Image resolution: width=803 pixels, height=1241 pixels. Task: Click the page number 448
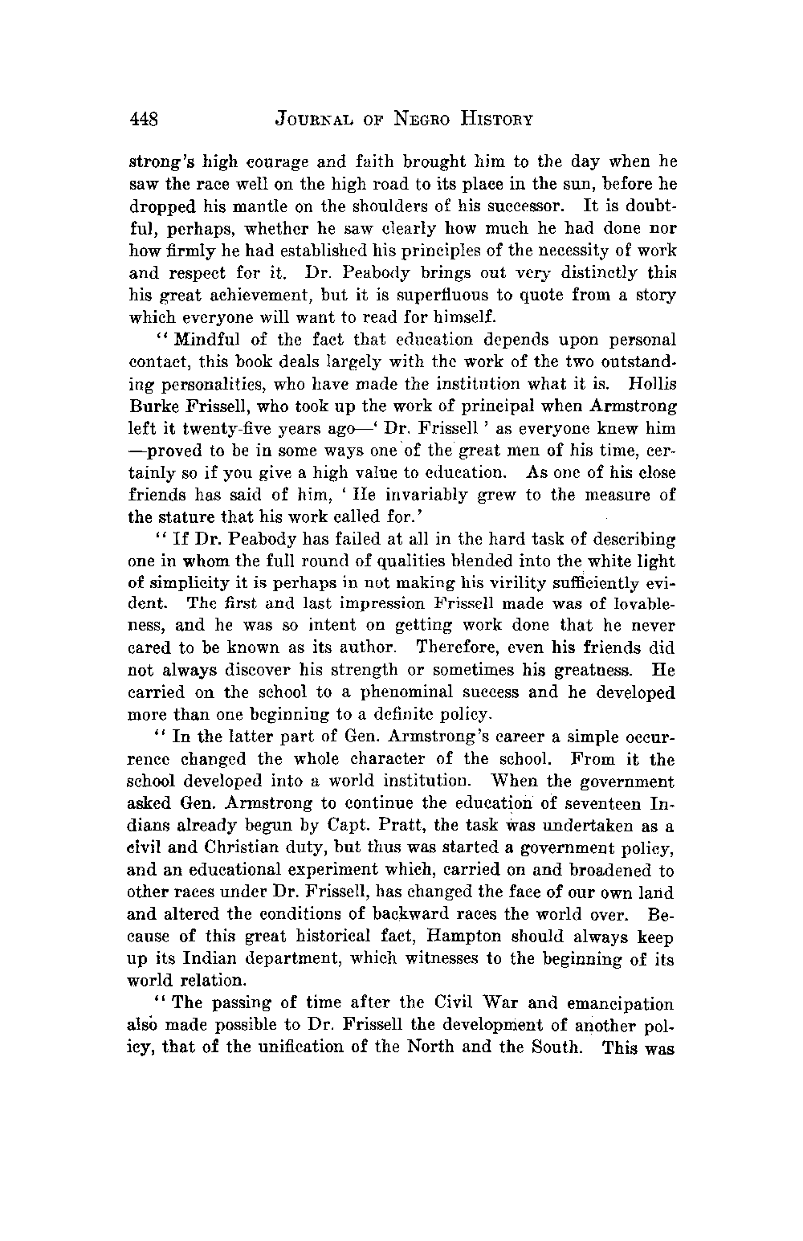(146, 120)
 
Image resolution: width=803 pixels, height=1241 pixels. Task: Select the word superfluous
(457, 273)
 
